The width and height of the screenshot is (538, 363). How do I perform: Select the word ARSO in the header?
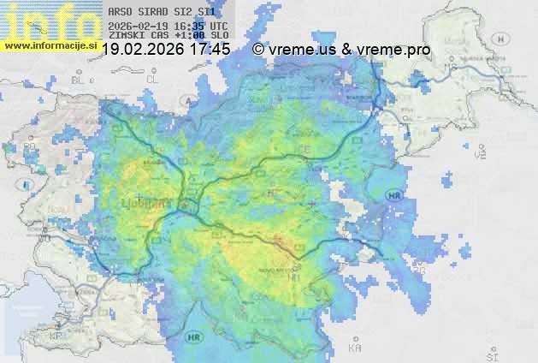pyautogui.click(x=121, y=12)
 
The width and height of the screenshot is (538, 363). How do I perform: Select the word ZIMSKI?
pyautogui.click(x=126, y=35)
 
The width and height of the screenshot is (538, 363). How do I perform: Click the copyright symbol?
pyautogui.click(x=258, y=50)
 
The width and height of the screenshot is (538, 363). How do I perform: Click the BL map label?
pyautogui.click(x=80, y=79)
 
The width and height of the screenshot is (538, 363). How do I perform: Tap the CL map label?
pyautogui.click(x=153, y=78)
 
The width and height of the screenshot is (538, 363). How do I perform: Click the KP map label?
pyautogui.click(x=56, y=336)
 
